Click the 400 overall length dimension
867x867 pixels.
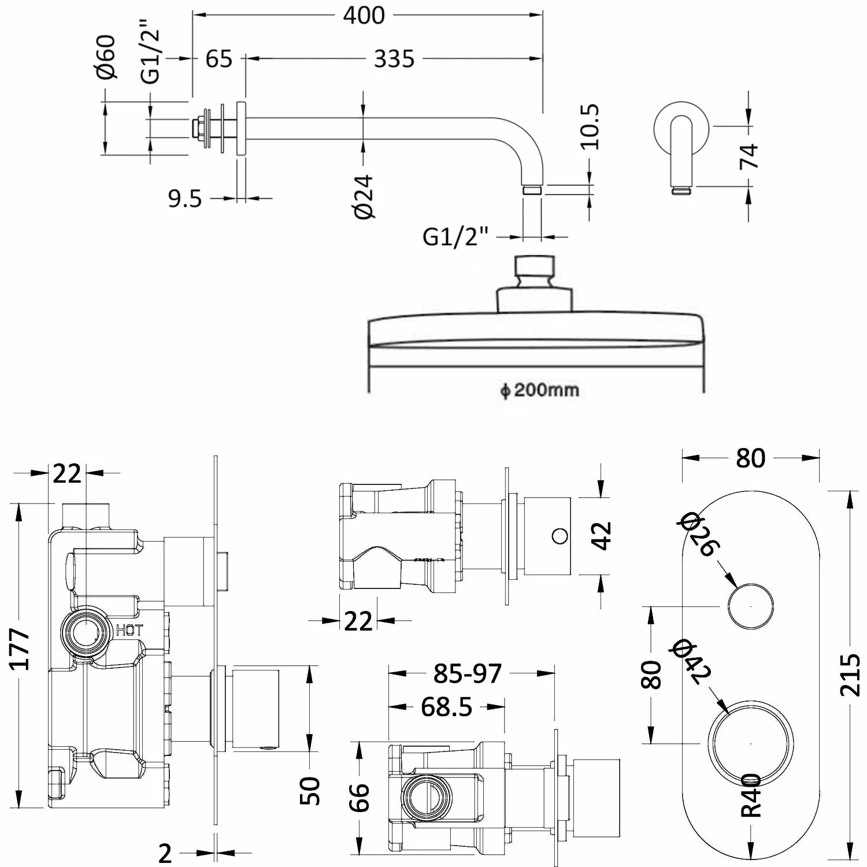[x=364, y=15]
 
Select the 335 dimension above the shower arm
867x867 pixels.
[x=394, y=59]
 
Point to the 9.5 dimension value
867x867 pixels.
[x=185, y=199]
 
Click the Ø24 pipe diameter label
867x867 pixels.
[x=365, y=197]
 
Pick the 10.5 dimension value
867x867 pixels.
[x=590, y=128]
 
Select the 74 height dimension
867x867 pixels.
[x=749, y=156]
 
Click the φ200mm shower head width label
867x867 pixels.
[x=539, y=390]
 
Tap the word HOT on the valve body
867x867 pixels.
[x=129, y=631]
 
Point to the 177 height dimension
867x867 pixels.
[x=21, y=649]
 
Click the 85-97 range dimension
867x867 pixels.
[x=468, y=673]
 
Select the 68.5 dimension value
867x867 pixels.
[x=446, y=707]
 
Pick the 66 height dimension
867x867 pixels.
[x=360, y=798]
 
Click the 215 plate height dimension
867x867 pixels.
[x=850, y=675]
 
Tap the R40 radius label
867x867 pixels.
[x=751, y=796]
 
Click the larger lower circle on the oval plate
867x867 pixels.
[x=750, y=743]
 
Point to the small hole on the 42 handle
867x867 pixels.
[x=560, y=536]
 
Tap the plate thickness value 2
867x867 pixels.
[x=165, y=853]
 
